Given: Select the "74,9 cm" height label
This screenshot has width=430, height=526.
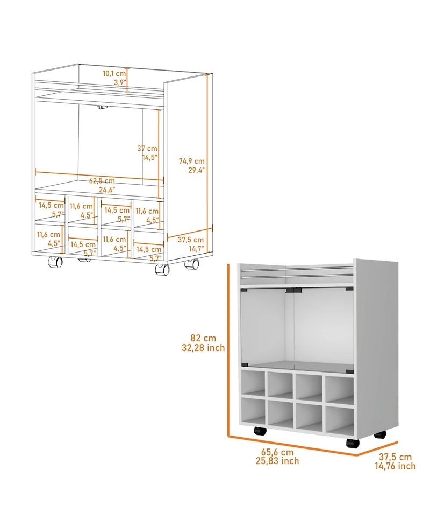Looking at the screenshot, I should tap(192, 160).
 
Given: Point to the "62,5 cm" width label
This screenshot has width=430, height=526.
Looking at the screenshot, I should tap(102, 181).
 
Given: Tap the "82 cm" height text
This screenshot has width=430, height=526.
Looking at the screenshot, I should tap(203, 338).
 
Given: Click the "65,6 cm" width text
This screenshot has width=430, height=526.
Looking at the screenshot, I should tap(278, 452).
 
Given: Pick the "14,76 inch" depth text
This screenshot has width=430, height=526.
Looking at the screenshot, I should tap(395, 466).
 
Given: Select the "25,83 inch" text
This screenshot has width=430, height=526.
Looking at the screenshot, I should tap(277, 461).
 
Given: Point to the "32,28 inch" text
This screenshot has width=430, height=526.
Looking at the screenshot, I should tap(203, 348).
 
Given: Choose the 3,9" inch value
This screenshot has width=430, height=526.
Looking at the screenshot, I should tap(119, 82).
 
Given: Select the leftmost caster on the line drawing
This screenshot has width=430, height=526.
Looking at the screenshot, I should tap(55, 262).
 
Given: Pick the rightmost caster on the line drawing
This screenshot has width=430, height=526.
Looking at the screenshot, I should tap(191, 264).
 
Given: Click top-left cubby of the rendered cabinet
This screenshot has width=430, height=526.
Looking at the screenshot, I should tap(253, 383).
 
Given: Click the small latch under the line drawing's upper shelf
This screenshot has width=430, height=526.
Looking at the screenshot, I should tap(101, 109).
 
